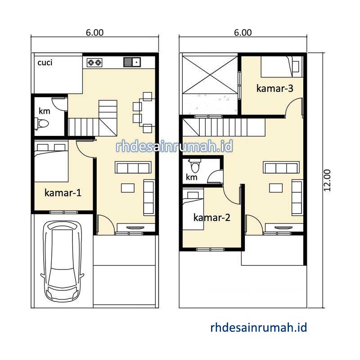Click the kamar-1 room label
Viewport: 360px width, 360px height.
[x=63, y=193]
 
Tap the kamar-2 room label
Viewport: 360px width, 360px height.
[x=211, y=217]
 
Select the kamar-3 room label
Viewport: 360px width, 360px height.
[x=274, y=88]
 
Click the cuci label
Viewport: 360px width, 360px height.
[x=45, y=63]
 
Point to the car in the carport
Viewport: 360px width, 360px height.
[x=62, y=261]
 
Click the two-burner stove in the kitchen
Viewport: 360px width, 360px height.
[x=94, y=62]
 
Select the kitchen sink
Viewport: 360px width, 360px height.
[x=132, y=62]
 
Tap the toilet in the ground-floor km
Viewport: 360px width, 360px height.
[x=41, y=124]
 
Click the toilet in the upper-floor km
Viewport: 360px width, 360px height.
[x=195, y=166]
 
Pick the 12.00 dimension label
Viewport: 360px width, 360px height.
[x=327, y=180]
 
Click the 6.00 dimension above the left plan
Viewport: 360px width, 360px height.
[x=95, y=32]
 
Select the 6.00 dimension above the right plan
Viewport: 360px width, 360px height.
[x=243, y=32]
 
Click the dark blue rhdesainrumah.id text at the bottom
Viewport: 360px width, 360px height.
[x=258, y=328]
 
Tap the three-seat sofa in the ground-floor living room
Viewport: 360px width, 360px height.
[x=133, y=167]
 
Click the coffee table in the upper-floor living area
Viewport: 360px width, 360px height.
[x=276, y=188]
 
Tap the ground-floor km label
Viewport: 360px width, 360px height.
[x=44, y=111]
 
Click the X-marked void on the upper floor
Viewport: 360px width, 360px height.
[x=210, y=75]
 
